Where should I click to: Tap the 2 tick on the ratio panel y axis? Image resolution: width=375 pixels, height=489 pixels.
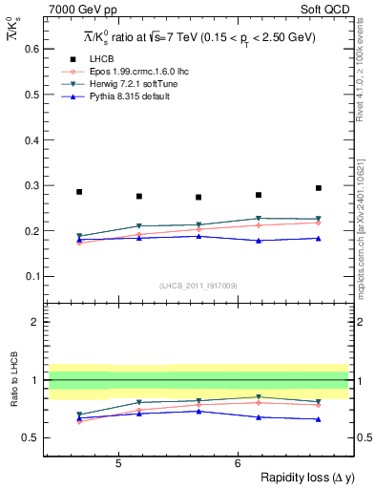click(x=38, y=322)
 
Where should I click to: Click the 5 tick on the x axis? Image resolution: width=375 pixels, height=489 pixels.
click(x=117, y=463)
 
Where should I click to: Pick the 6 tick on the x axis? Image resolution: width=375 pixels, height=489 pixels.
click(x=238, y=463)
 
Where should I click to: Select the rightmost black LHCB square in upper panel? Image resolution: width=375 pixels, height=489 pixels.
click(x=319, y=188)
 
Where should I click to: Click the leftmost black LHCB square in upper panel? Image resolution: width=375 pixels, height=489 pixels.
click(x=79, y=192)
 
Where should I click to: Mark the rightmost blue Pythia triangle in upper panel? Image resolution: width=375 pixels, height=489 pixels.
click(x=319, y=238)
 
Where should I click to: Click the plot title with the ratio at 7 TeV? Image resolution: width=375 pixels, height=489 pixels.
click(x=198, y=37)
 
